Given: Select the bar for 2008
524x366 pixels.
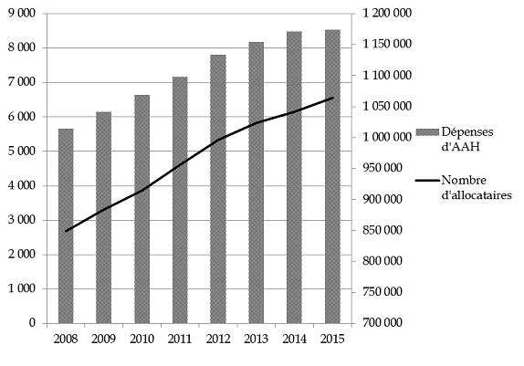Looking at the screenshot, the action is pyautogui.click(x=66, y=226).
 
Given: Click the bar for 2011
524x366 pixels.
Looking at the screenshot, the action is pyautogui.click(x=180, y=200).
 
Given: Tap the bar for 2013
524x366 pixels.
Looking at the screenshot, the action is pyautogui.click(x=257, y=183).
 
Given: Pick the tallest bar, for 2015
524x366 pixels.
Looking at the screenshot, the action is pyautogui.click(x=333, y=176).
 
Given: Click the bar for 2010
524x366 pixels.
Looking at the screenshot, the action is pyautogui.click(x=142, y=209).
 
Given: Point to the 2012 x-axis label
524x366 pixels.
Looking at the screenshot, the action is pyautogui.click(x=218, y=339).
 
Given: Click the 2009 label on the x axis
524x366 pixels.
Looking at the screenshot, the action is pyautogui.click(x=103, y=339).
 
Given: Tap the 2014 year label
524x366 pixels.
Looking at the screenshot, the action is pyautogui.click(x=295, y=339).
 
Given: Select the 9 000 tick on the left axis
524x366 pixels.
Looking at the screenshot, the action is pyautogui.click(x=21, y=14).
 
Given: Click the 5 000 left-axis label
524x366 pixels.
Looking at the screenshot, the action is pyautogui.click(x=21, y=152).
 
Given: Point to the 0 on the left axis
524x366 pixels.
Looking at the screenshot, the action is pyautogui.click(x=32, y=323).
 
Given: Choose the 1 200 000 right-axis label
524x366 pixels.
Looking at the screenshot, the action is pyautogui.click(x=383, y=14).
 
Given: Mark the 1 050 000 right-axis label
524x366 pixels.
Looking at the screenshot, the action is pyautogui.click(x=383, y=106).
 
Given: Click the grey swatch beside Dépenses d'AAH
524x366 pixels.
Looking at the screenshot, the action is pyautogui.click(x=427, y=132).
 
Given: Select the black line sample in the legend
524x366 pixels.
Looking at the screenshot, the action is pyautogui.click(x=427, y=181).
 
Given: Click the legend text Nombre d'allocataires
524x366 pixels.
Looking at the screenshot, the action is pyautogui.click(x=477, y=187).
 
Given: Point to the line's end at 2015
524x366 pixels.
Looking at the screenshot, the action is pyautogui.click(x=333, y=98).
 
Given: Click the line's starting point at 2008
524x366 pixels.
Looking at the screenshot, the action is pyautogui.click(x=66, y=231).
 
